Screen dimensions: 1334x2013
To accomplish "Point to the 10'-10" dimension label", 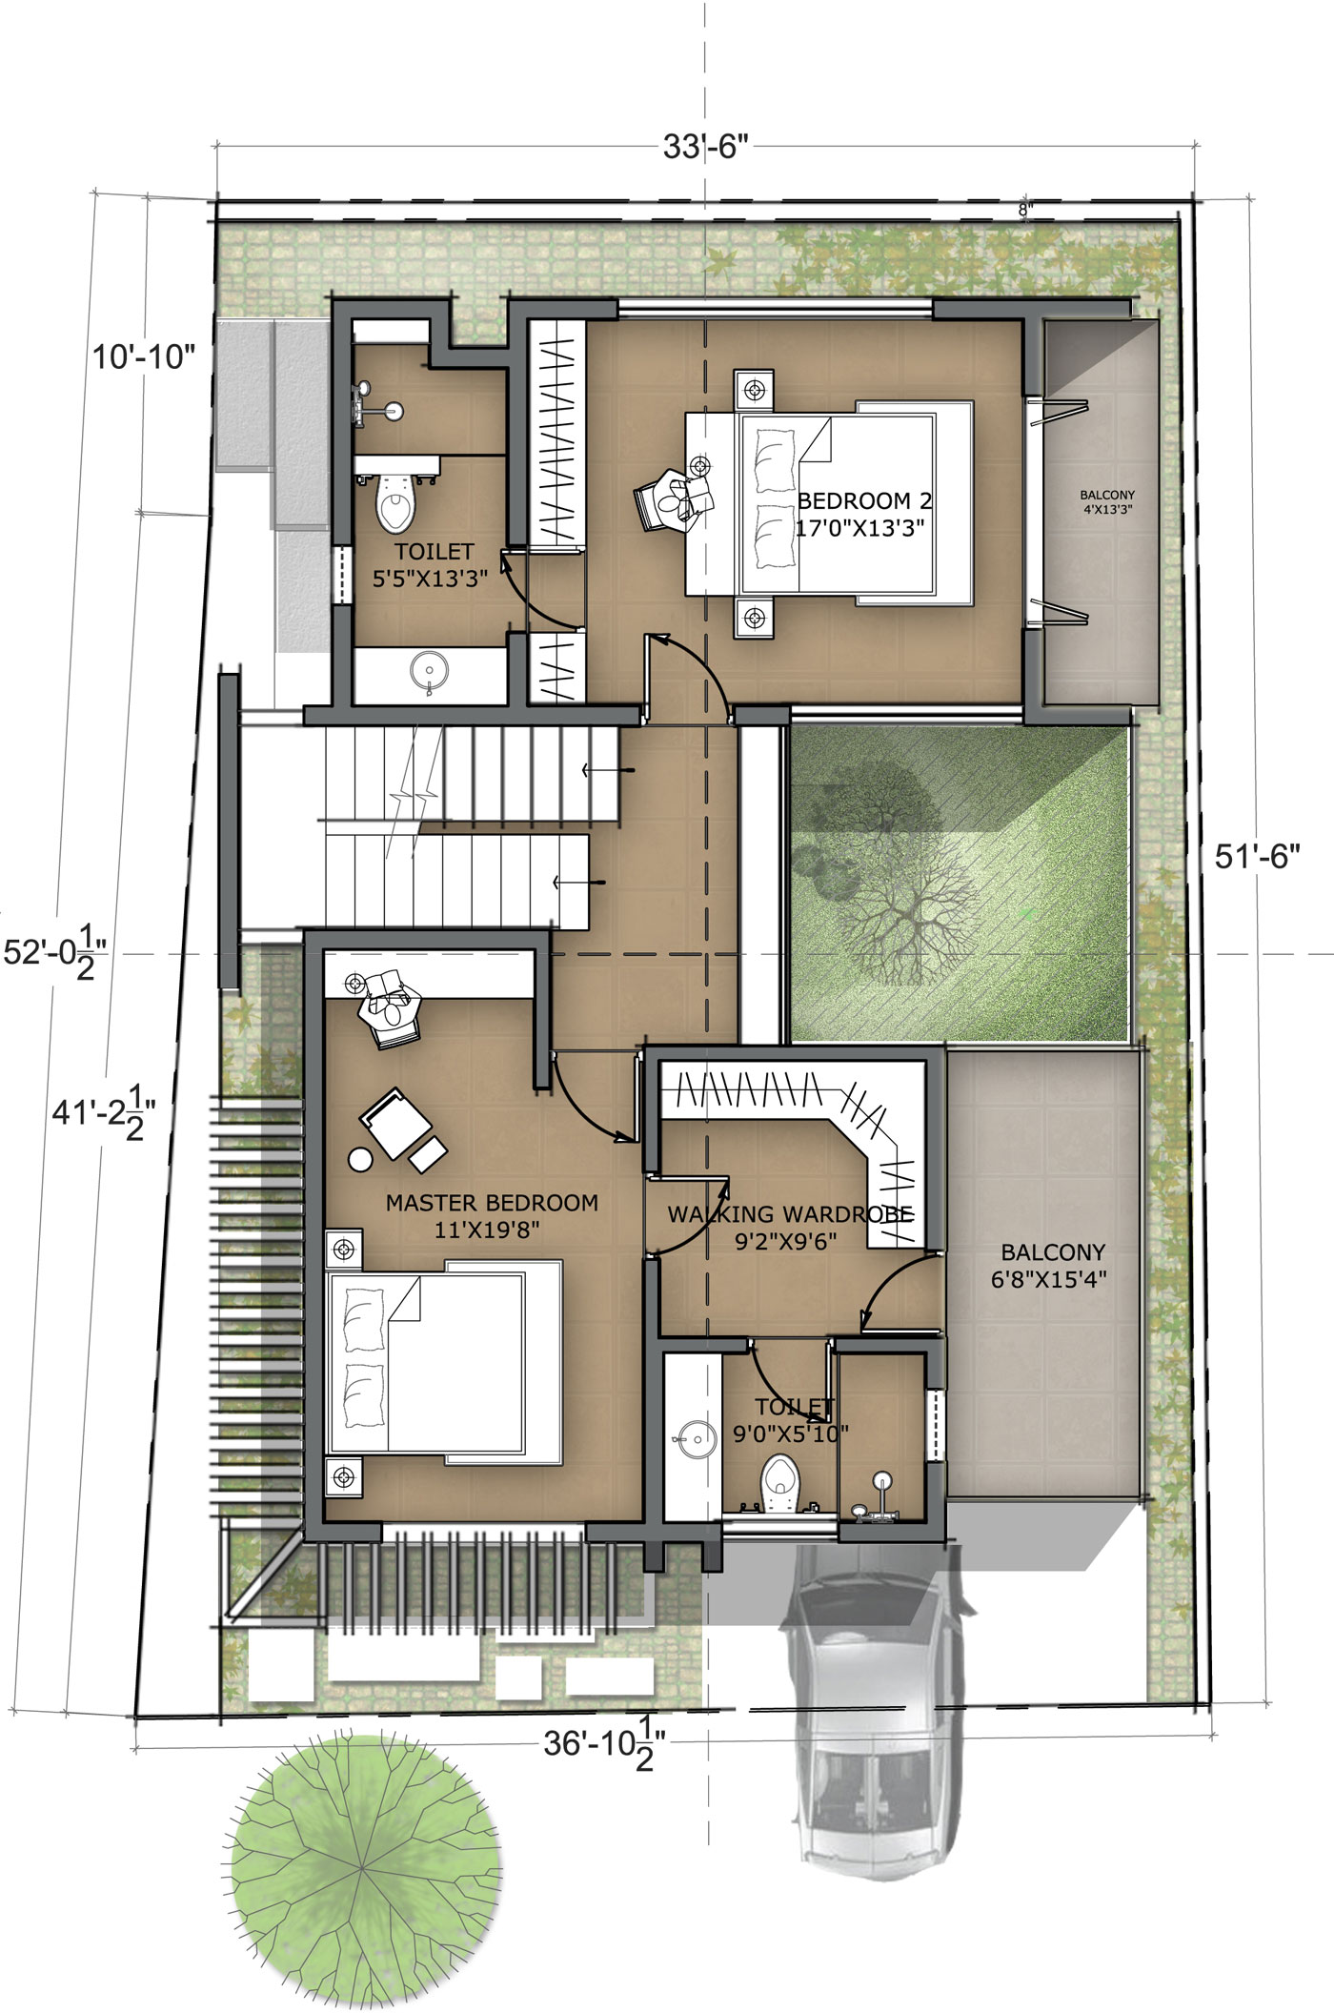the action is pos(144,357).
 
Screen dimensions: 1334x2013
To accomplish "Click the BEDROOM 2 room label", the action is pos(864,500).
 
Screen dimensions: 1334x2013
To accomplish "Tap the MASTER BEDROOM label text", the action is pos(492,1203).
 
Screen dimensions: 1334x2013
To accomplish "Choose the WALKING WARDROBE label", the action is pos(790,1214).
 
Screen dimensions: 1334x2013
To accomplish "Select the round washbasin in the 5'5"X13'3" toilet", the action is pos(429,670).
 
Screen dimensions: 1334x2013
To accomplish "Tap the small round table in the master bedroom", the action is pos(361,1159).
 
